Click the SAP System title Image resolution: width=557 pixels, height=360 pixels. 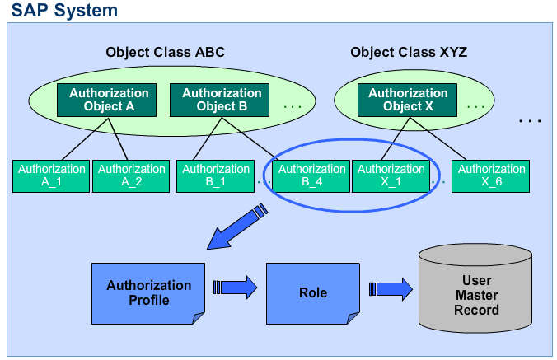(63, 11)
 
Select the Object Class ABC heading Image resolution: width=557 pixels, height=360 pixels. (165, 52)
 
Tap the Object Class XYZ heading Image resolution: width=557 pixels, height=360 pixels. (409, 52)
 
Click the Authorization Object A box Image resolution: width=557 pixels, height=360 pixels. (109, 100)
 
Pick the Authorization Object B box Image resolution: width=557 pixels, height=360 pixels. (222, 100)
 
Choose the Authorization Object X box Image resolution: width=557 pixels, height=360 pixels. (408, 100)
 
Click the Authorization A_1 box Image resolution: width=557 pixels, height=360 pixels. (52, 175)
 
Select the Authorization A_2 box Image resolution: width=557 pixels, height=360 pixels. (132, 175)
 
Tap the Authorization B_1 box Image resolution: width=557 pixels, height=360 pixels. (216, 175)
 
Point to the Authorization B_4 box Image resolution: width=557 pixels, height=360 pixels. (312, 175)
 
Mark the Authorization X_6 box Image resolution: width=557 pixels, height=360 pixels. (492, 175)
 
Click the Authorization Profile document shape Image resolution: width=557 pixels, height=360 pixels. (148, 292)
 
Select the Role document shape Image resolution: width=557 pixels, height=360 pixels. (312, 292)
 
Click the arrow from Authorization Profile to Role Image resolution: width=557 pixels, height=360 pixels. (236, 288)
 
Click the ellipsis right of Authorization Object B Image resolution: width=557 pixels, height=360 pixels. (293, 106)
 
